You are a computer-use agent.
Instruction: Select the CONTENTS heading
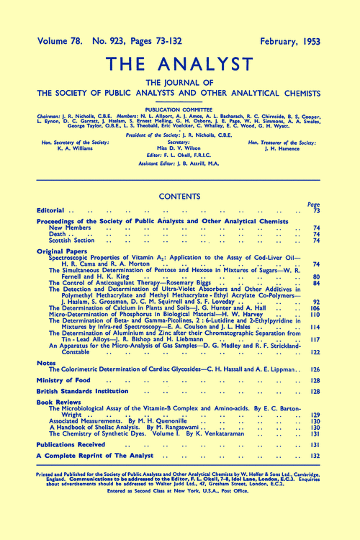[180, 195]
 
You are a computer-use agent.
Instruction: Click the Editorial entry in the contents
[53, 210]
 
